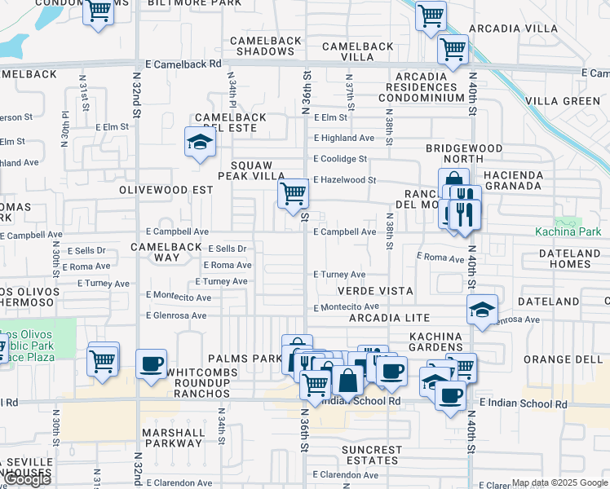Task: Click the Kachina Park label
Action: [x=567, y=231]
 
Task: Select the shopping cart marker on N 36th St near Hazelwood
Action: [x=293, y=195]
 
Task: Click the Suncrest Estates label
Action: [x=372, y=455]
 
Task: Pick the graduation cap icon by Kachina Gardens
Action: [x=483, y=310]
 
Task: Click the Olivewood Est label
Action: [x=166, y=189]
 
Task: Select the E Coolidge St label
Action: [x=340, y=159]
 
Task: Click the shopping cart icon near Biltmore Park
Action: [x=99, y=12]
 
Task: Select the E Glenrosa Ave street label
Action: [x=178, y=315]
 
